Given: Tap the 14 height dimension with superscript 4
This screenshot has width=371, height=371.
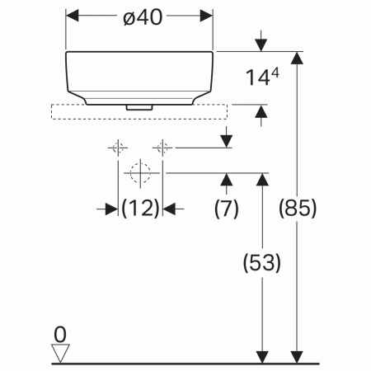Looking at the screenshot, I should [x=263, y=78].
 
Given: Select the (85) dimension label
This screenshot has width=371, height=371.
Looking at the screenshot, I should [x=298, y=209].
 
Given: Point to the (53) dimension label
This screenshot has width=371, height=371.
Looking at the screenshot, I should [x=262, y=263].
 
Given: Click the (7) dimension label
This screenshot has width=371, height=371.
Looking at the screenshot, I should [x=226, y=209].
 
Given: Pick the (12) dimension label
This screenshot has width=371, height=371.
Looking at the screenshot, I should [x=140, y=209].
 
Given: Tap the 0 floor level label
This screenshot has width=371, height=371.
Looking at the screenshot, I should [x=59, y=334].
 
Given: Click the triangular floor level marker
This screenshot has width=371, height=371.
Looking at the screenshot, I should [x=59, y=353].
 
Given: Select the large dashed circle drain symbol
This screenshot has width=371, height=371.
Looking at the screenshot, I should [x=139, y=173].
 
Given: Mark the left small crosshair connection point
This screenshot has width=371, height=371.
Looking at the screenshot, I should [x=115, y=148].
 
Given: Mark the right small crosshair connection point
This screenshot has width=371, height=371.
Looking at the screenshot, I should [x=162, y=148].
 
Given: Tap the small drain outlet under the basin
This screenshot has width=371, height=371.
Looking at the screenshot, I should [x=139, y=107].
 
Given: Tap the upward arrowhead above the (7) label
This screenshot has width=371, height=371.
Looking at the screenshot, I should [x=226, y=180].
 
